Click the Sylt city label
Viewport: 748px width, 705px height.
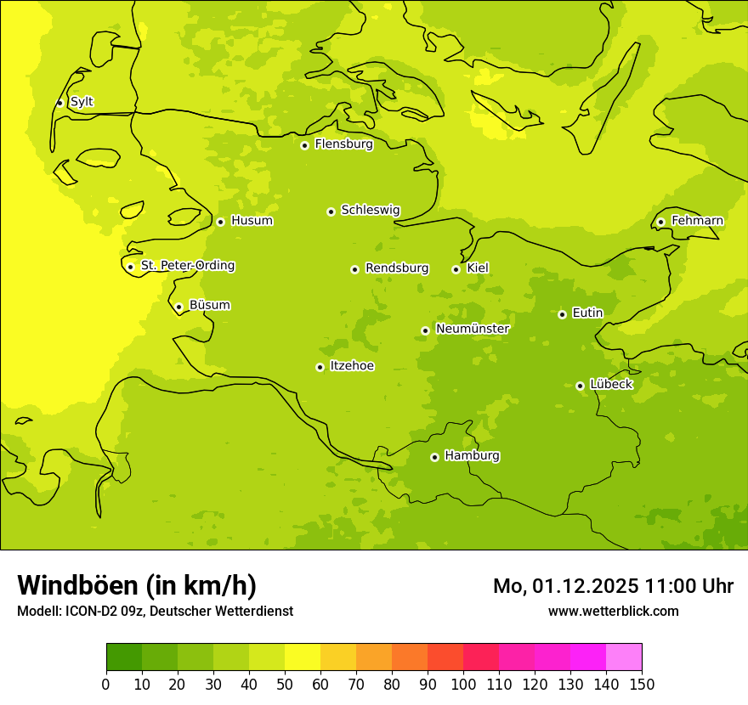coord(82,102)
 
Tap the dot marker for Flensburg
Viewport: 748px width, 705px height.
coord(304,145)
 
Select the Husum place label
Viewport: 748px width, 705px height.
coord(252,221)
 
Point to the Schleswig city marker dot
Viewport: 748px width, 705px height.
coord(331,211)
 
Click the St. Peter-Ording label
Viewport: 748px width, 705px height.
coord(188,266)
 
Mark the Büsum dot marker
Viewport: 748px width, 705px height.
coord(178,307)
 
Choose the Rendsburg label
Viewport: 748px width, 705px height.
coord(397,268)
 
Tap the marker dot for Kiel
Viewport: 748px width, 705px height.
coord(456,269)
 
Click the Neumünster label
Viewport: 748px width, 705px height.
coord(473,329)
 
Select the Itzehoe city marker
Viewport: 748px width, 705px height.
coord(320,367)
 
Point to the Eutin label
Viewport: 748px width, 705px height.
coord(587,313)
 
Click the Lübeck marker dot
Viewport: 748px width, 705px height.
coord(580,386)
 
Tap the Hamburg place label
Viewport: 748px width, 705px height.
coord(472,456)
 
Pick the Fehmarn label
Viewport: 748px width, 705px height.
coord(697,221)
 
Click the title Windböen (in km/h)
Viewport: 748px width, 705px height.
coord(137,585)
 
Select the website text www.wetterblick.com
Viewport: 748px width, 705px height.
coord(613,612)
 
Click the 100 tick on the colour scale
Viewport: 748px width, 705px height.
coord(463,683)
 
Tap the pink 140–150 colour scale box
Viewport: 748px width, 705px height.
coord(624,657)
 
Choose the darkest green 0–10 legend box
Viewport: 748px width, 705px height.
coord(124,657)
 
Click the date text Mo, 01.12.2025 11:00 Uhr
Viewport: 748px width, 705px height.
coord(613,586)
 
